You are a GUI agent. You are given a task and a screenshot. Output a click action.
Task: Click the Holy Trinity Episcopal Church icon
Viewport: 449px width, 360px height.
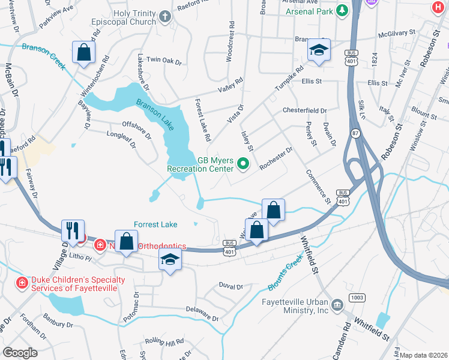tap(166, 18)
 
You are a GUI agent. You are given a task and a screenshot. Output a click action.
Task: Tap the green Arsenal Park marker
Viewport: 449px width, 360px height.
tap(342, 10)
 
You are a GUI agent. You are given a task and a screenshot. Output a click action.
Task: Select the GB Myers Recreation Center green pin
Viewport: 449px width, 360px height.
tap(243, 163)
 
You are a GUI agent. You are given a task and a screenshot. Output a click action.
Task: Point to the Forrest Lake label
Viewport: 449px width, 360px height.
tap(155, 224)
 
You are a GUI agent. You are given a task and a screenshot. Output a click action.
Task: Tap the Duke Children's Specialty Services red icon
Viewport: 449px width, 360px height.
tap(22, 282)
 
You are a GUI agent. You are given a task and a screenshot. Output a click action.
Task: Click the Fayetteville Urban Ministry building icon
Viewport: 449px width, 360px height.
tap(337, 305)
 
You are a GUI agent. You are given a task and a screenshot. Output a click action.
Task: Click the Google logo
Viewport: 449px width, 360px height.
tap(20, 352)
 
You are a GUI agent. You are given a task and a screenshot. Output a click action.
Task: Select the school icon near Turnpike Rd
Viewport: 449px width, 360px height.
tap(319, 50)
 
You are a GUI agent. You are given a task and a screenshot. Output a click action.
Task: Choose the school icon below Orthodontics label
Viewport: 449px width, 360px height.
tap(170, 260)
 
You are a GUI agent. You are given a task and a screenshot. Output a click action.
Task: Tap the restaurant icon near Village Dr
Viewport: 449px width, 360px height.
tap(72, 230)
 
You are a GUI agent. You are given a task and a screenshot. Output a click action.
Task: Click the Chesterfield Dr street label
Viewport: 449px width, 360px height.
tap(304, 111)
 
